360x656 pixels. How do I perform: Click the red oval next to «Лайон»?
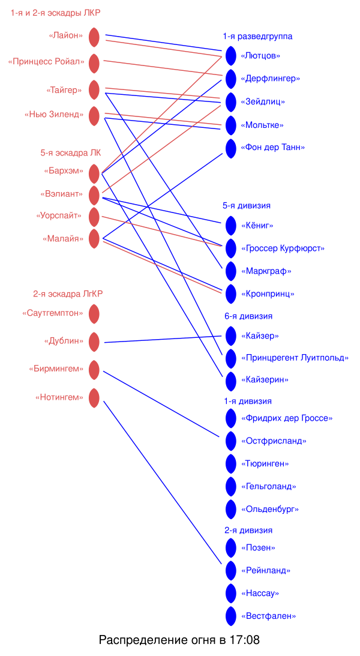94,37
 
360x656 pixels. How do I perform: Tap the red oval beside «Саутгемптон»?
94,314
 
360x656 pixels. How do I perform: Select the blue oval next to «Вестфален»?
231,616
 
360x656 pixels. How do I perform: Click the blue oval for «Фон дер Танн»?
231,148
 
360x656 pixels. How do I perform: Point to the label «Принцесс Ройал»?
46,62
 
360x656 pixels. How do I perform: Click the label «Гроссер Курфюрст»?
283,248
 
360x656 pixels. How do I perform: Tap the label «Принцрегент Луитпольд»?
295,358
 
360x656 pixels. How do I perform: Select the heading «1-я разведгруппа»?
257,37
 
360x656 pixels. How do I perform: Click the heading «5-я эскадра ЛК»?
71,153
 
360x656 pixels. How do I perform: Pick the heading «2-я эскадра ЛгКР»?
68,294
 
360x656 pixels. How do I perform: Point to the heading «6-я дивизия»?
248,316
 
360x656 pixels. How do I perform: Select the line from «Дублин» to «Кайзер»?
162,339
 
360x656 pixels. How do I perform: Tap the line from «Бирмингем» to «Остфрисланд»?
162,405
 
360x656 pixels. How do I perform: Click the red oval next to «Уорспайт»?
94,217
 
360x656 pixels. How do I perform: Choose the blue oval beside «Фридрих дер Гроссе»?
231,418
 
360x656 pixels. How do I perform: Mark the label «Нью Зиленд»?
54,115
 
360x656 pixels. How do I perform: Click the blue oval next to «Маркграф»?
231,271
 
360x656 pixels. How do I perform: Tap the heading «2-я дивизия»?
248,531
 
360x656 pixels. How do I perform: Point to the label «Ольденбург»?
270,510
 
